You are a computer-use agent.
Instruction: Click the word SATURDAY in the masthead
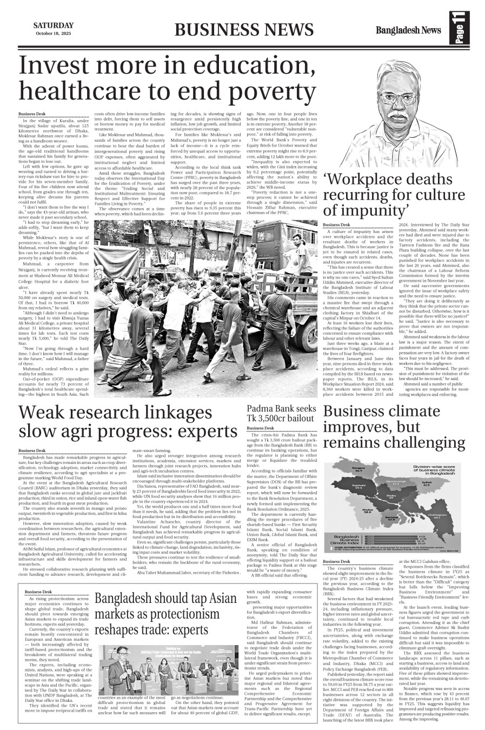[54, 25]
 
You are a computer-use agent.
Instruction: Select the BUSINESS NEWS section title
[244, 30]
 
